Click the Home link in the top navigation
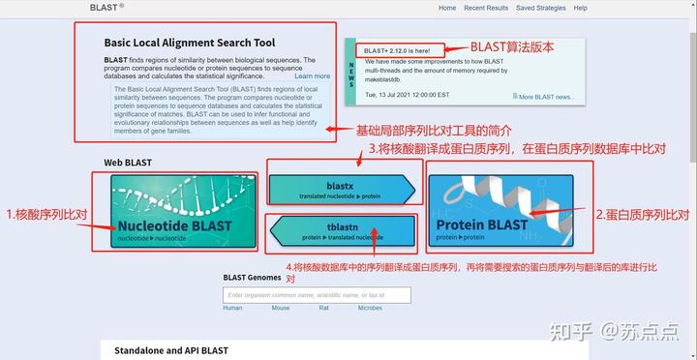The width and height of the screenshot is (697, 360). pos(447,8)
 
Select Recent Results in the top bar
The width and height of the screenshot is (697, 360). pos(486,8)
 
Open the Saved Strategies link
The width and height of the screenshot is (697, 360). pos(540,8)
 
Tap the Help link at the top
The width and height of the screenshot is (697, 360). pos(581,8)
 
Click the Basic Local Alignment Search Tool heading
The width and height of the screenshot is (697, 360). pos(190,44)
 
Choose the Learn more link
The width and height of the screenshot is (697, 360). pos(312,76)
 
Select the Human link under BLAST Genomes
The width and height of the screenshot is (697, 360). pos(232,308)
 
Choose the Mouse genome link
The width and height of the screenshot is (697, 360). pos(281,308)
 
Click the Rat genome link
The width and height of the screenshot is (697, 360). pos(324,308)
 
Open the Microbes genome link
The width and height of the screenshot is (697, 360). pos(370,308)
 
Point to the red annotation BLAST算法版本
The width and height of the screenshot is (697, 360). pos(513,46)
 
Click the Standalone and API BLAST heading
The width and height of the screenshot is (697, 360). pos(170,350)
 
